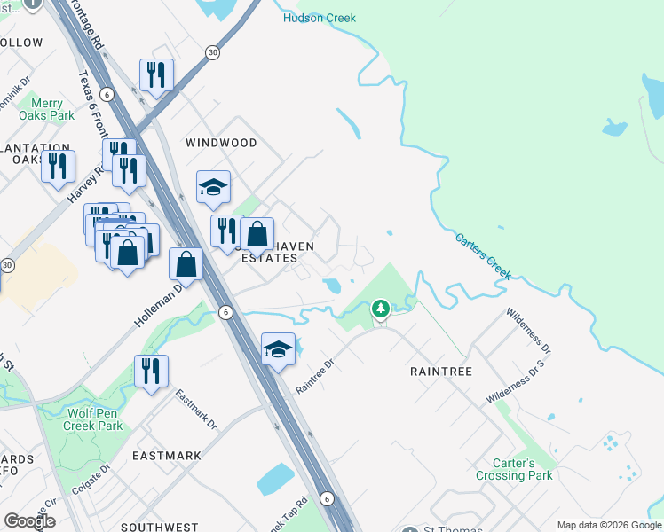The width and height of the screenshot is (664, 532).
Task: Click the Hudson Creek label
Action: click(x=319, y=18)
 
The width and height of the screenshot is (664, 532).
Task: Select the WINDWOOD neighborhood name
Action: click(x=221, y=143)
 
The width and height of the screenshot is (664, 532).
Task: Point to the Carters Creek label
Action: click(x=484, y=256)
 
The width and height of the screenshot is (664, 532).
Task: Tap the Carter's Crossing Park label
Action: click(x=524, y=469)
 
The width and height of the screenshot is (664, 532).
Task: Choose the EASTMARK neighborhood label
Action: click(x=166, y=456)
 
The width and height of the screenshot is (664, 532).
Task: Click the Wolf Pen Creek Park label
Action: click(x=92, y=419)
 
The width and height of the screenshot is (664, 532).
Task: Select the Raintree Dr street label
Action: click(x=314, y=376)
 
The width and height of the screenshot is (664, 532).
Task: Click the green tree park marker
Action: click(x=381, y=309)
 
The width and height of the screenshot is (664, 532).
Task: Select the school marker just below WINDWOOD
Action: click(x=213, y=187)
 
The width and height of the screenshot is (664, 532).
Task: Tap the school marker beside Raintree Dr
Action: click(x=278, y=349)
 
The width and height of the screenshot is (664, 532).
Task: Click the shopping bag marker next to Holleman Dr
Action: click(x=186, y=263)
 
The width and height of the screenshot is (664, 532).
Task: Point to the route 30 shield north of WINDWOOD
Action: click(x=212, y=52)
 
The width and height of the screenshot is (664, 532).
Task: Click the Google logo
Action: click(x=29, y=520)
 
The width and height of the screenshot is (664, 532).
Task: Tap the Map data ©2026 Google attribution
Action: click(x=607, y=524)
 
